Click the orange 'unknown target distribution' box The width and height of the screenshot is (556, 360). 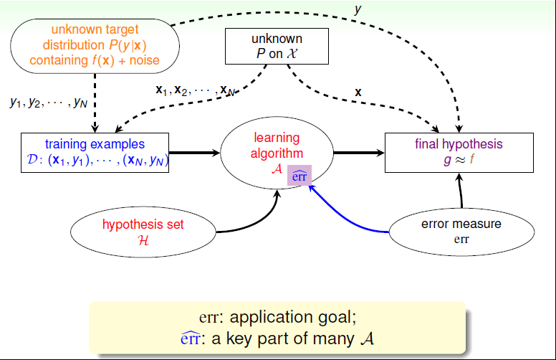(x=95, y=44)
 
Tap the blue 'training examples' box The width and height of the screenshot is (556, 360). (x=97, y=153)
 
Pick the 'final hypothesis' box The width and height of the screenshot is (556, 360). (x=459, y=152)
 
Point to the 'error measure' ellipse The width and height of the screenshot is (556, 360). (x=461, y=231)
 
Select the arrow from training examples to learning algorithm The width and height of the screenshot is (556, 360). (x=195, y=152)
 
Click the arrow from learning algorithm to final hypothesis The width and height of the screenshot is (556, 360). (x=358, y=152)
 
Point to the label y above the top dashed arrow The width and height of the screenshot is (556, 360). (x=358, y=9)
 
